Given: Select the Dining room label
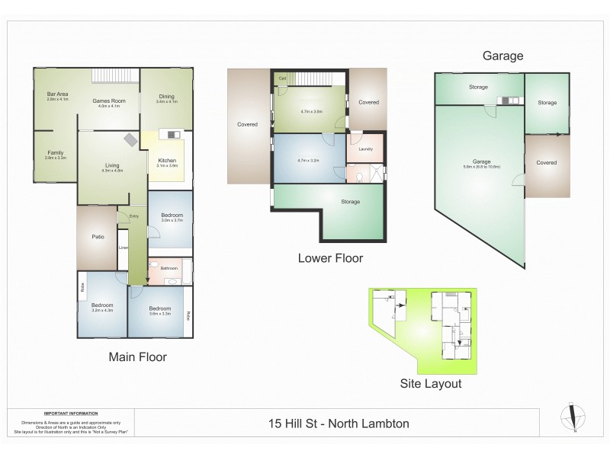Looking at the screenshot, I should pyautogui.click(x=165, y=96).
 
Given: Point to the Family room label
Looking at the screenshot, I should pyautogui.click(x=56, y=152).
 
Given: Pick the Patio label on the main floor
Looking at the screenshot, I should pyautogui.click(x=98, y=237).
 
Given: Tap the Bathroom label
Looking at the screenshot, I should pyautogui.click(x=169, y=268).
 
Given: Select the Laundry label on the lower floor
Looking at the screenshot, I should pyautogui.click(x=364, y=149).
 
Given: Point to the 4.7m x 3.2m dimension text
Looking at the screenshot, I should pyautogui.click(x=308, y=161).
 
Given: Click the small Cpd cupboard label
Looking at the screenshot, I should pyautogui.click(x=281, y=78).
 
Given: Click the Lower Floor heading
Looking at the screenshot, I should pyautogui.click(x=329, y=258).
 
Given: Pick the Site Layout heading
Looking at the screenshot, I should pyautogui.click(x=431, y=384).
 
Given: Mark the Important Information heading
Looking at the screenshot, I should pyautogui.click(x=69, y=410).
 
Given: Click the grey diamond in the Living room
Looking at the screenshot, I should pyautogui.click(x=132, y=139).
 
